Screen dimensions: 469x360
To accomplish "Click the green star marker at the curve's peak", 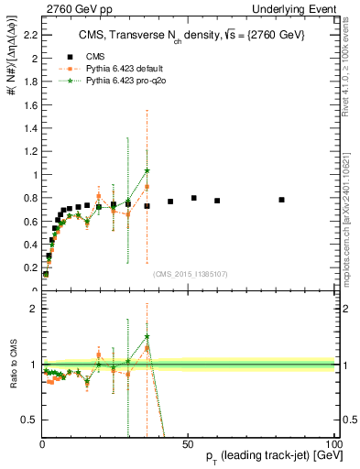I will coord(147,170).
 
